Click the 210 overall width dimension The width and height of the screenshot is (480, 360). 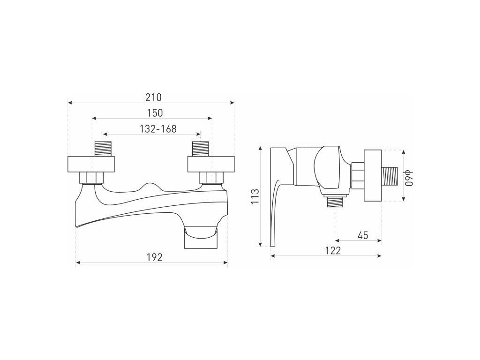[154, 97]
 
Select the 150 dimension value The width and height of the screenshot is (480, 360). [155, 113]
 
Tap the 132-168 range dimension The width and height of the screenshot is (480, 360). [158, 129]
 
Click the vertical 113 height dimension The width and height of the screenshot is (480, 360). [255, 196]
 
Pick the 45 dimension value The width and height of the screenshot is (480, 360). [363, 235]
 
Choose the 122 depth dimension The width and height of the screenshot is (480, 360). [333, 251]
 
